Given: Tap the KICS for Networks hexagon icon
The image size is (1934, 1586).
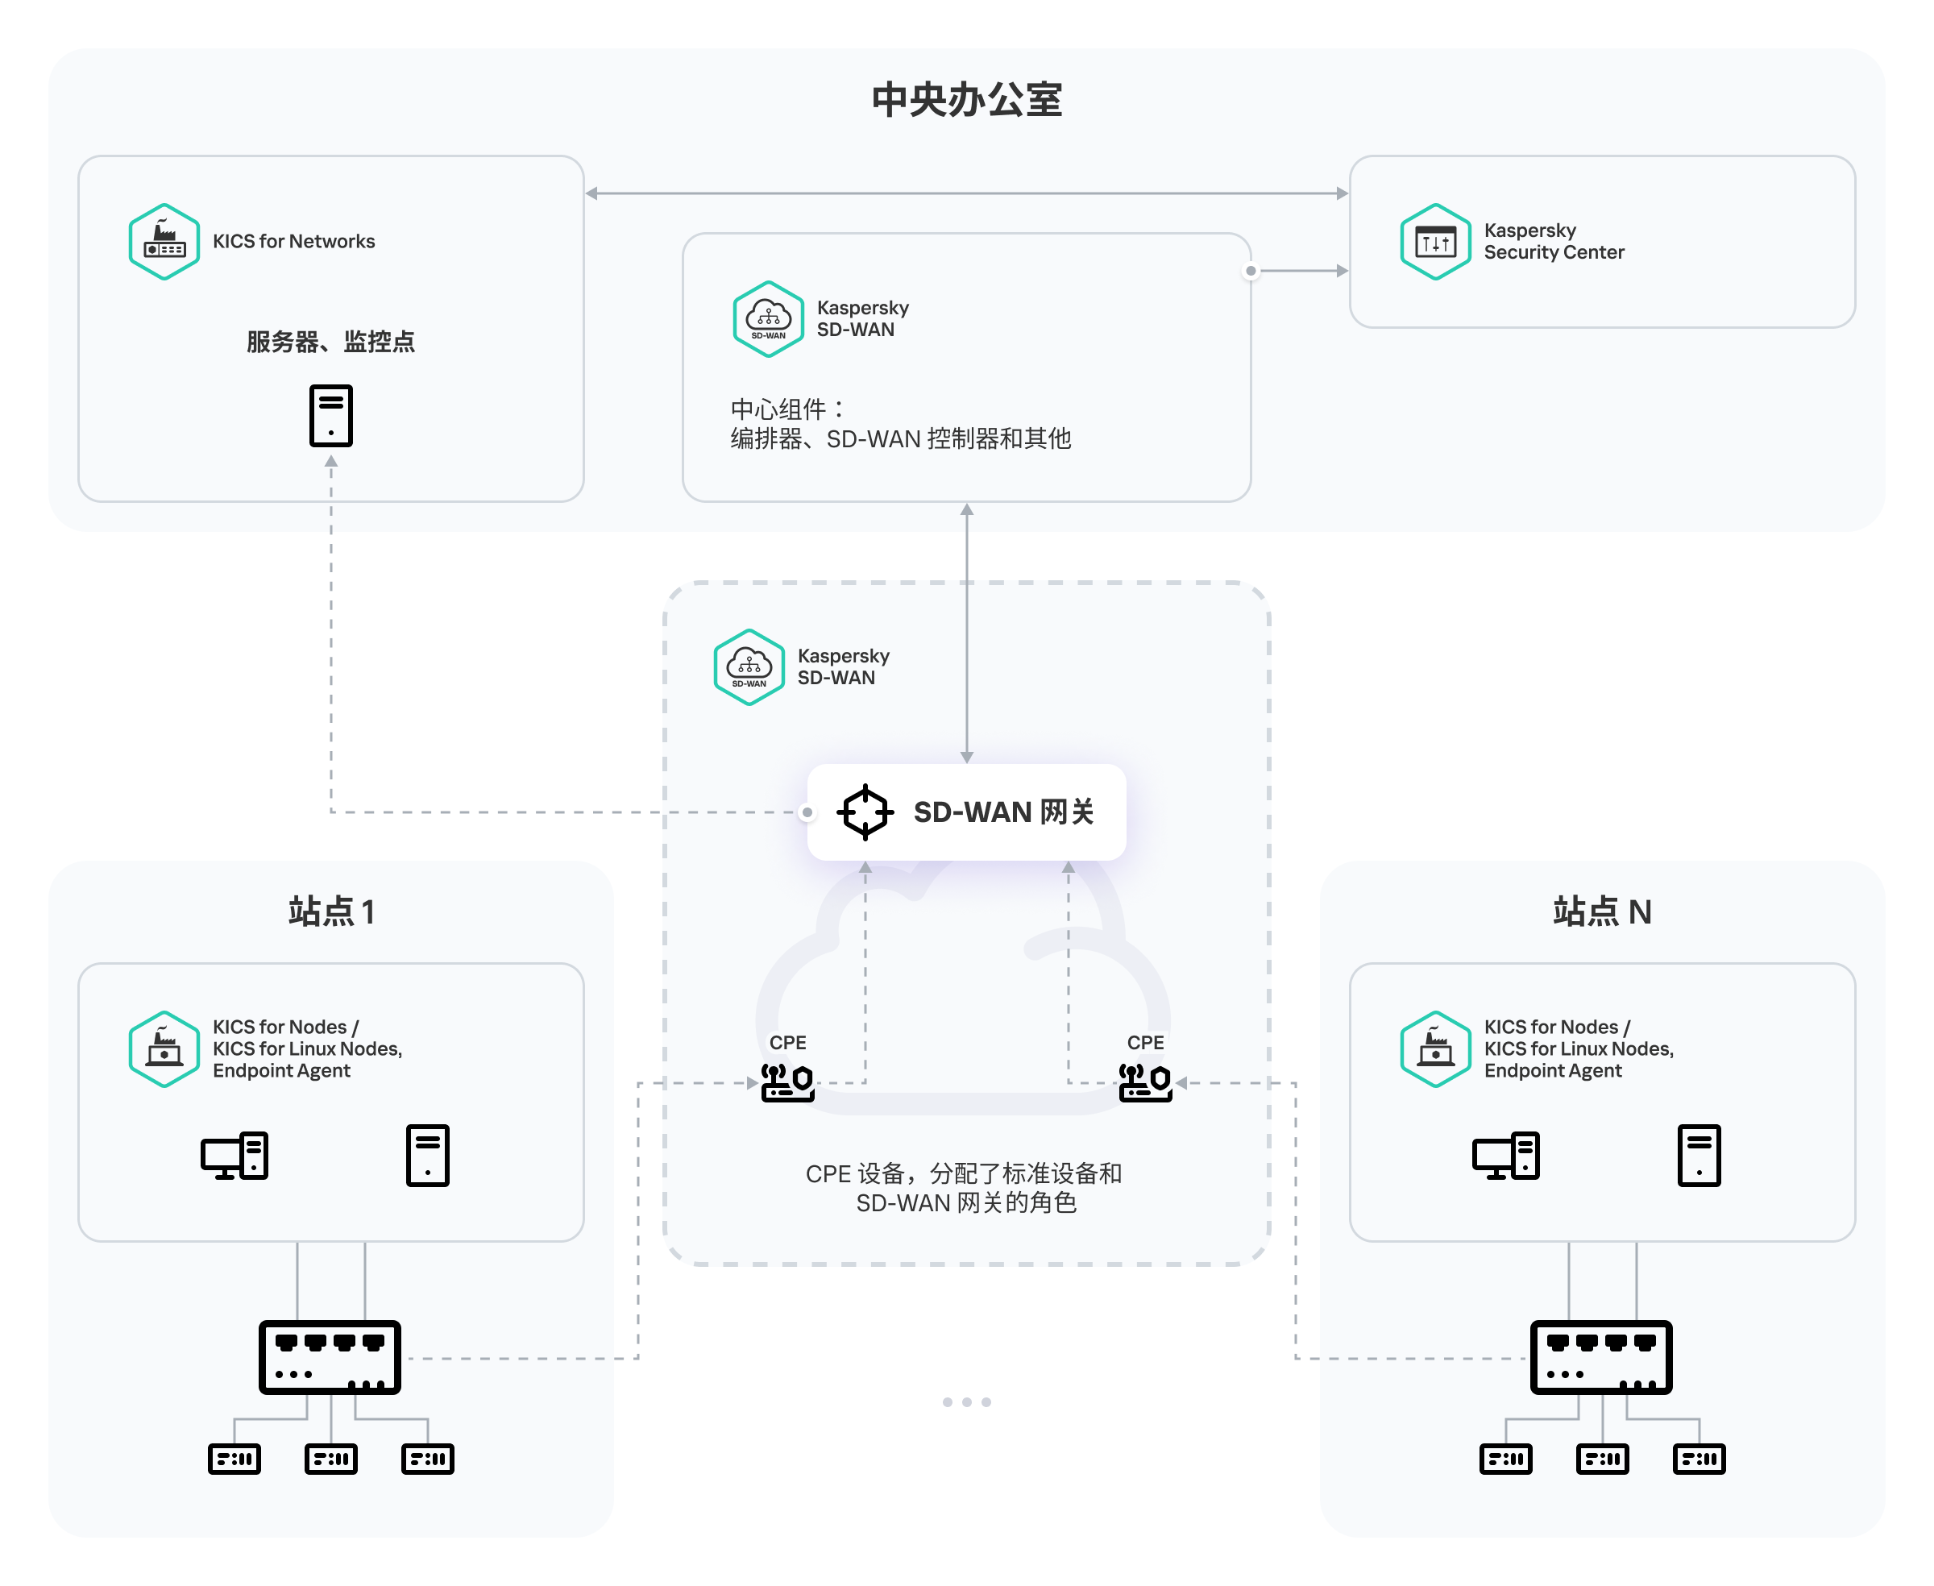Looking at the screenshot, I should [164, 241].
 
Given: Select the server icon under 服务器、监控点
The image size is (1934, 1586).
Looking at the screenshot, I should [330, 416].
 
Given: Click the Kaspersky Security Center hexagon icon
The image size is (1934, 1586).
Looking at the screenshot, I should [1435, 241].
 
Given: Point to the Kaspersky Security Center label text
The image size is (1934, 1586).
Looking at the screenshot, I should [1553, 241].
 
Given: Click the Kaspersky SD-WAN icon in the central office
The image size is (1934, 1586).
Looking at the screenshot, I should [768, 319].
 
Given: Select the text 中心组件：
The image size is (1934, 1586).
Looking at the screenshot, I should [788, 409].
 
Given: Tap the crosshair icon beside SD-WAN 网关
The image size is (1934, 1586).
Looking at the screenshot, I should [864, 812].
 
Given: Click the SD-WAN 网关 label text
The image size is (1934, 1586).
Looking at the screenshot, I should [1003, 812].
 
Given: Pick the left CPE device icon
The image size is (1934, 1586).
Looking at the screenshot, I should [787, 1082].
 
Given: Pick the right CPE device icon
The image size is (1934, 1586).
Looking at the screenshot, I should [1146, 1082].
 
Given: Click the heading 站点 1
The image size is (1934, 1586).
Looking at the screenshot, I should [330, 911].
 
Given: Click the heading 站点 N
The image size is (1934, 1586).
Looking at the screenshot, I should [1601, 911].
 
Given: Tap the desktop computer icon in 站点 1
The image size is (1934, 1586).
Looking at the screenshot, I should [234, 1156].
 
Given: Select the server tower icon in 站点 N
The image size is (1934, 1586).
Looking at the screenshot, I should [1699, 1156].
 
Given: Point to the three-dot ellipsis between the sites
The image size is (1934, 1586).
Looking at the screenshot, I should [966, 1401].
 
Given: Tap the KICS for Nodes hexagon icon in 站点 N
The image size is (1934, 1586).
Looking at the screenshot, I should [1435, 1048].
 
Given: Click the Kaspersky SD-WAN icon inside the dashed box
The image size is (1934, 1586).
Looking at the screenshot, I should [749, 667].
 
